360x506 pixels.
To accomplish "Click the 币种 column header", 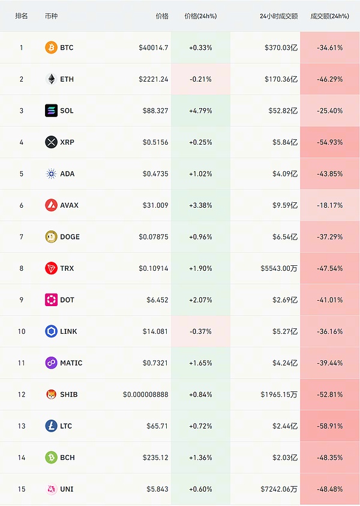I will coord(52,16).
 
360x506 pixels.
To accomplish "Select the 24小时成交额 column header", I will coord(278,16).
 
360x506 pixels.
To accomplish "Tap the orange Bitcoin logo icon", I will coord(51,47).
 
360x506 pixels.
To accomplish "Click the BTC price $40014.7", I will coord(154,47).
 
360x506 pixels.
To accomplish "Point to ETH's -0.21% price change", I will coord(200,79).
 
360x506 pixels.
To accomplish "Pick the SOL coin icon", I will coord(51,110).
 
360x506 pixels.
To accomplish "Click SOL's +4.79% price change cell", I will coord(200,110).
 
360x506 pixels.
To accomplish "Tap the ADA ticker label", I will coord(67,174).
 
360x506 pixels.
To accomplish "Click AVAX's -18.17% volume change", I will coord(329,205).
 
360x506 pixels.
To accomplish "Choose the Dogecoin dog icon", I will coord(51,237).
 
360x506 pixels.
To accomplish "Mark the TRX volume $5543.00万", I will coord(278,268).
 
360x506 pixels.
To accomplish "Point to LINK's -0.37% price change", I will coord(200,331).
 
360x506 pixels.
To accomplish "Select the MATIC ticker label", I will coord(71,363).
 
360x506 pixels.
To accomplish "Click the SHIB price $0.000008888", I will coord(146,394).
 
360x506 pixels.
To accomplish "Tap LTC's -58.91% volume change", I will coord(329,426).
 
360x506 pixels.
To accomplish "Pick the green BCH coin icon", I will coord(51,457).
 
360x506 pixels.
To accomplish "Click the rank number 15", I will coord(22,489).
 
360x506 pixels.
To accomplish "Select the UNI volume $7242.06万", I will coord(278,489).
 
